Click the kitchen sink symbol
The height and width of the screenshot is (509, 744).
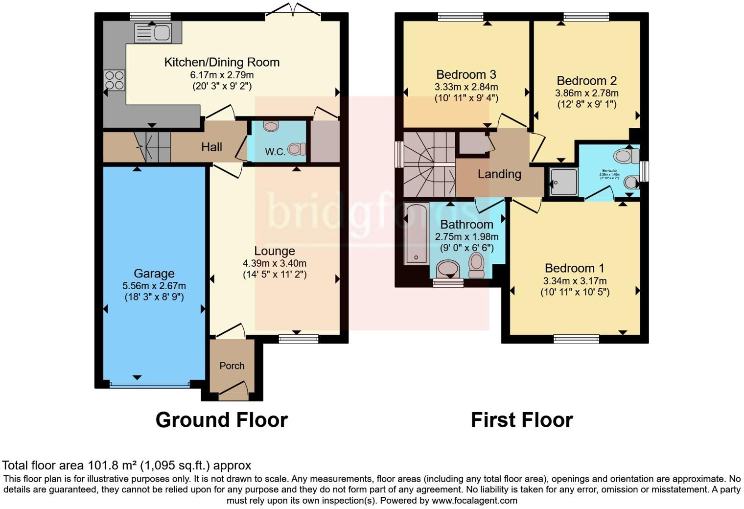(x=153, y=33)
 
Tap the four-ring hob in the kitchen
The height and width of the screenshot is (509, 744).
(x=114, y=80)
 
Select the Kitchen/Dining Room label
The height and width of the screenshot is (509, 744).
(x=222, y=62)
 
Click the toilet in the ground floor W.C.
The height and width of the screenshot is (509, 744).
(x=297, y=148)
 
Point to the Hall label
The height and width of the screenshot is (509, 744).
(x=211, y=147)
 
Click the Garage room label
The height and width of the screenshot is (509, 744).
(x=154, y=274)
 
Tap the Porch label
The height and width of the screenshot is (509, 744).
(x=232, y=366)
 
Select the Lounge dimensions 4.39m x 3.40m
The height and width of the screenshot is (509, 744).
(x=275, y=263)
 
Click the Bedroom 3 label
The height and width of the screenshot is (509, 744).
(x=466, y=74)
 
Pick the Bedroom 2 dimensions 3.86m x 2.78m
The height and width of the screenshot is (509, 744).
(x=586, y=93)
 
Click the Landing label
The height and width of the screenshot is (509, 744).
(x=499, y=174)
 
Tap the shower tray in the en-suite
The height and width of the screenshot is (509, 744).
(x=563, y=182)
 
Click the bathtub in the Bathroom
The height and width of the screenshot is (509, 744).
(x=416, y=233)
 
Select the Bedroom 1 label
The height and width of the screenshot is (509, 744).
(x=574, y=268)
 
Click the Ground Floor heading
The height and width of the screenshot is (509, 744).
(x=221, y=420)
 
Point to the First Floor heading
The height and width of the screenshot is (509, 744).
(x=522, y=420)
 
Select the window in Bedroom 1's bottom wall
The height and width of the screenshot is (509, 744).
(x=576, y=339)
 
